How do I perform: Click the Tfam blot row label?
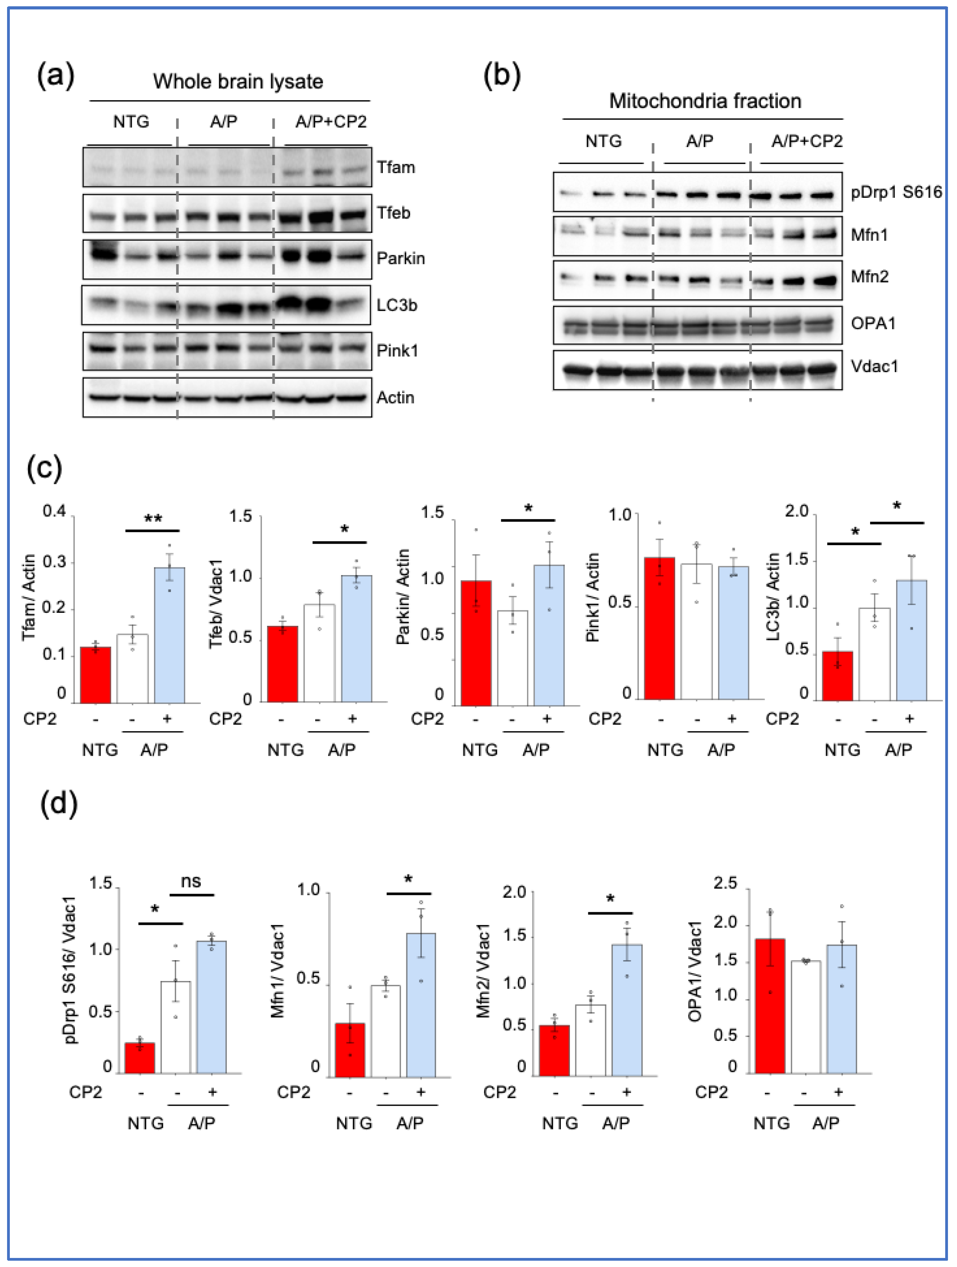pyautogui.click(x=395, y=167)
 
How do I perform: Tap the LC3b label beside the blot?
pyautogui.click(x=397, y=305)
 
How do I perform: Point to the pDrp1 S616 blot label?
pyautogui.click(x=896, y=192)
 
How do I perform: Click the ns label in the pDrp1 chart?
pyautogui.click(x=191, y=882)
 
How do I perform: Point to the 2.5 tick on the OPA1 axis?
pyautogui.click(x=725, y=883)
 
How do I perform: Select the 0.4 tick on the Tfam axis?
pyautogui.click(x=54, y=511)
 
